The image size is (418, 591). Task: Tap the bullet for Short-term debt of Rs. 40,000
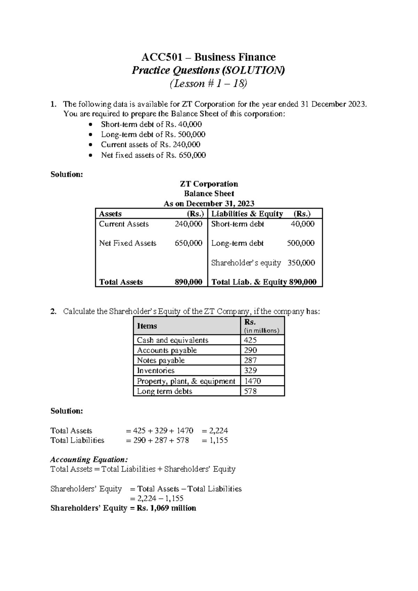(91, 125)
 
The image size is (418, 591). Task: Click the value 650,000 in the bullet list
(192, 155)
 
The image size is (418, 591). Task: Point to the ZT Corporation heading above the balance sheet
(209, 184)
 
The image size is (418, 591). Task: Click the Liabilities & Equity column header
(247, 214)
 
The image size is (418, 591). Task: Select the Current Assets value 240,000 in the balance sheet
(188, 224)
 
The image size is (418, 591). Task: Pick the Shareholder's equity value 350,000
(301, 263)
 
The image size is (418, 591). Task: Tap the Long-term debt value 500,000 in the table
(301, 243)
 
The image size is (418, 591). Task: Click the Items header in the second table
(147, 326)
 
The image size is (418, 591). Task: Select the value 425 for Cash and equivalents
(250, 340)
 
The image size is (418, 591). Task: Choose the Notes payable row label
(161, 360)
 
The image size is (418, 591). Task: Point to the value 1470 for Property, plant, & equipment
(252, 381)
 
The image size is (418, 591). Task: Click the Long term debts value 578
(250, 391)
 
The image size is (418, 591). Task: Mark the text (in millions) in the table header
(262, 331)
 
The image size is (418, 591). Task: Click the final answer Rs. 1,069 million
(166, 508)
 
